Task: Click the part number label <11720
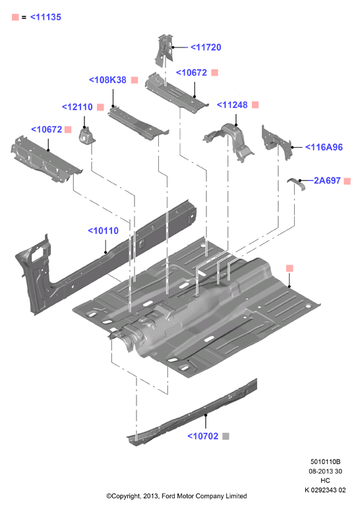point(206,47)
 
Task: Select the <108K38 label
point(107,80)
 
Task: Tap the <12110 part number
point(77,107)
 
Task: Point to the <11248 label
point(232,105)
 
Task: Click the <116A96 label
point(324,147)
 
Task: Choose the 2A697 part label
point(327,181)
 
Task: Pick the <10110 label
point(104,231)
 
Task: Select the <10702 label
point(203,436)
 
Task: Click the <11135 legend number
point(45,17)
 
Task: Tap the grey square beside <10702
point(225,436)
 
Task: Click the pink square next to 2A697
point(347,181)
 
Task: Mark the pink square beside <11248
point(255,105)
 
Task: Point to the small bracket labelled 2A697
point(297,183)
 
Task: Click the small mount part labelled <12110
point(86,136)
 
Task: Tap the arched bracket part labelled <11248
point(231,140)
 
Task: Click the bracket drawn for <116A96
point(276,142)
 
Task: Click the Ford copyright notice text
point(177,496)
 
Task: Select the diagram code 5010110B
point(325,462)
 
